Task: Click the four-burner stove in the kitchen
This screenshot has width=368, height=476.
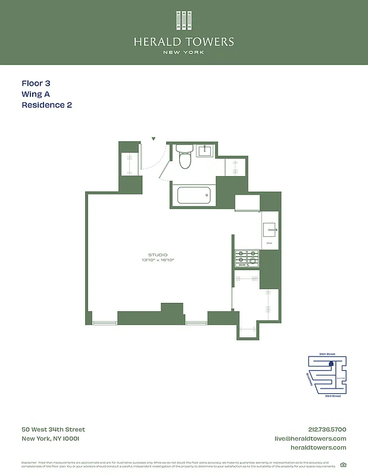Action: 247,258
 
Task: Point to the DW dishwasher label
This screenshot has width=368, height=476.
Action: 269,243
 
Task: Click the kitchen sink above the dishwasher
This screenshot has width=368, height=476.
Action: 269,230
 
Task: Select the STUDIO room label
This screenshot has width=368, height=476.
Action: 158,255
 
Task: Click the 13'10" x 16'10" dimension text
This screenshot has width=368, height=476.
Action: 158,260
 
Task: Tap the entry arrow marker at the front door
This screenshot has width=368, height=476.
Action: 154,139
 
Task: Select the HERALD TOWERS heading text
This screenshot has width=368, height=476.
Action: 184,42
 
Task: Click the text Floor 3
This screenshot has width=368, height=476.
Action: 40,84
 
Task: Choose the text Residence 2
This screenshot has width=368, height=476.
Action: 46,105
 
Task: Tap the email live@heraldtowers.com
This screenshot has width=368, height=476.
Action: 310,439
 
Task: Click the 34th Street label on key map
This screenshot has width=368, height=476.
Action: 327,354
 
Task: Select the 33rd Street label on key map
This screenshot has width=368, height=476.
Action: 332,396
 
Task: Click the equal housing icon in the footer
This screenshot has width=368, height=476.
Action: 343,465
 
